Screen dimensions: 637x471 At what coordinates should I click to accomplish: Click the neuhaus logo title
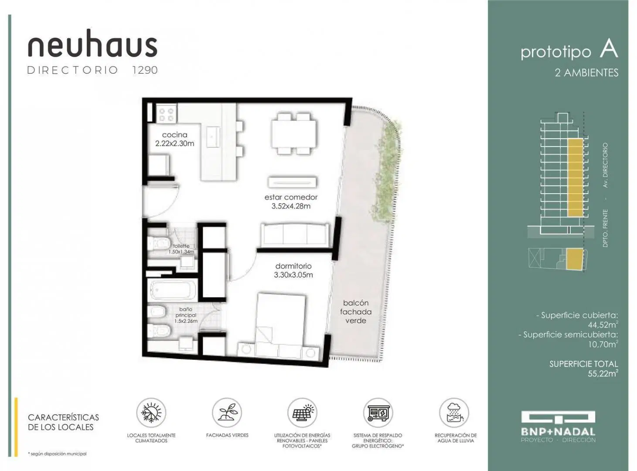(x=92, y=43)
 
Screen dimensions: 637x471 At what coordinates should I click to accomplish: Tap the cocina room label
(x=174, y=134)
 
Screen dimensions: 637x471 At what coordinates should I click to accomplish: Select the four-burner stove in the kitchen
(x=167, y=114)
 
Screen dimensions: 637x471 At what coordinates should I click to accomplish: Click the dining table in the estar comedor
(x=294, y=133)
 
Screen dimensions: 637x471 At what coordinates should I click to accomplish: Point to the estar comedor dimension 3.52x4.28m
(x=291, y=206)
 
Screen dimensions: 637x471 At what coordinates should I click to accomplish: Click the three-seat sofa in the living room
(x=295, y=235)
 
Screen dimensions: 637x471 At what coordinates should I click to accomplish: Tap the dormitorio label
(x=293, y=266)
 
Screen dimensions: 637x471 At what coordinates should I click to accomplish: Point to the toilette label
(x=181, y=246)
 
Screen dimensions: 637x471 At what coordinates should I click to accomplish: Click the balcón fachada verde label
(x=355, y=312)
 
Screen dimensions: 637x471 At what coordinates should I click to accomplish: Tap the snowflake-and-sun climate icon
(x=151, y=413)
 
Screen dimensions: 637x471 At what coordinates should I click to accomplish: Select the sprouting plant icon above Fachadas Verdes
(x=227, y=413)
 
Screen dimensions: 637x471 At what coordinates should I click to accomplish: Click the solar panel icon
(x=302, y=413)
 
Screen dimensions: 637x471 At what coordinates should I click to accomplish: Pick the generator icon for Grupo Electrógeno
(x=378, y=413)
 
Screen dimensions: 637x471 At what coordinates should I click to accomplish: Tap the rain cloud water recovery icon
(x=454, y=413)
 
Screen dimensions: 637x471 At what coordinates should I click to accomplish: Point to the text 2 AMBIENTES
(x=586, y=73)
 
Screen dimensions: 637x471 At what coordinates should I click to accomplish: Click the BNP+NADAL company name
(x=558, y=432)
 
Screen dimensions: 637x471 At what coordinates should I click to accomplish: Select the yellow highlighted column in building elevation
(x=575, y=177)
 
